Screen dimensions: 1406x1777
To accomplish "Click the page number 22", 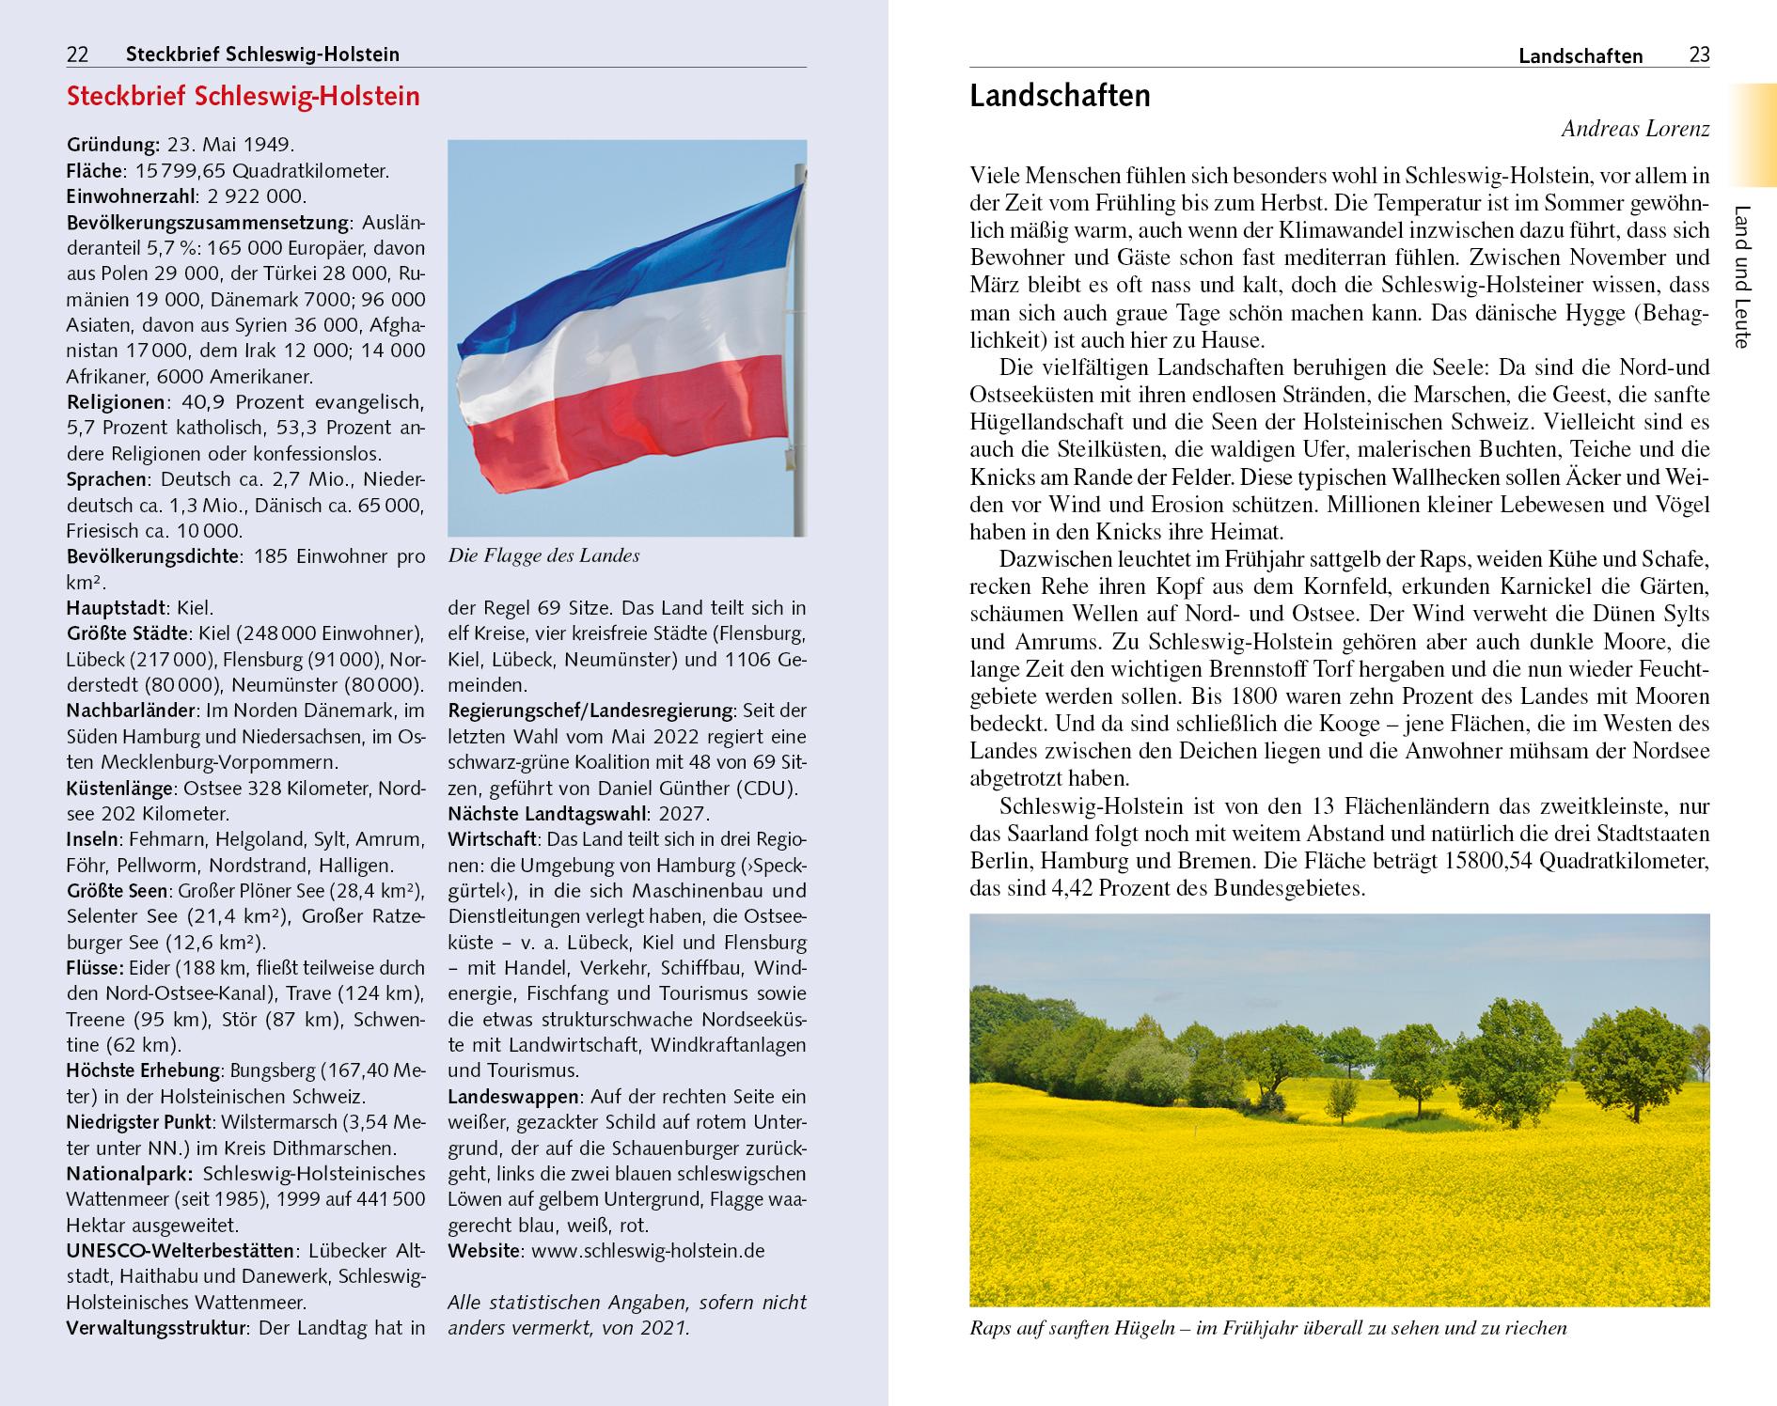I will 77,55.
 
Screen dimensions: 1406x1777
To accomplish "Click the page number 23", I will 1698,55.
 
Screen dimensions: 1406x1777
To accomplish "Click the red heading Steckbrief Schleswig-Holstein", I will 243,97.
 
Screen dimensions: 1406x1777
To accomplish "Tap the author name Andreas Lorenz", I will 1635,130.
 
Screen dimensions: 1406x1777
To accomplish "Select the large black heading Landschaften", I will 1060,96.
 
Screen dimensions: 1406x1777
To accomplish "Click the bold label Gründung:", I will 114,145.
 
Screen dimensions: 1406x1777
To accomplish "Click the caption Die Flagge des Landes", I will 543,555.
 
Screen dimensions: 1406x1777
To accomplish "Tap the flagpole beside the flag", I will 799,376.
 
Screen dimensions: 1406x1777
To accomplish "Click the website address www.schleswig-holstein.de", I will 648,1251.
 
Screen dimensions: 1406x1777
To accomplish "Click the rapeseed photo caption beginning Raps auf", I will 1268,1328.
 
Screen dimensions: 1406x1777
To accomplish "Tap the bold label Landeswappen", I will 513,1097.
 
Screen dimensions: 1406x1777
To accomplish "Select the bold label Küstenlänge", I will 119,788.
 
